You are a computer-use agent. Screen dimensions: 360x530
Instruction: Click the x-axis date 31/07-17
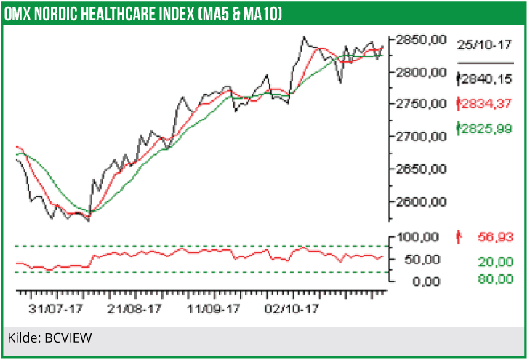[54, 309]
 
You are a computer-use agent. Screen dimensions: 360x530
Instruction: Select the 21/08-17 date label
[135, 309]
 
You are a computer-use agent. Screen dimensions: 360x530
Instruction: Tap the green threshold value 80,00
[495, 279]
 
